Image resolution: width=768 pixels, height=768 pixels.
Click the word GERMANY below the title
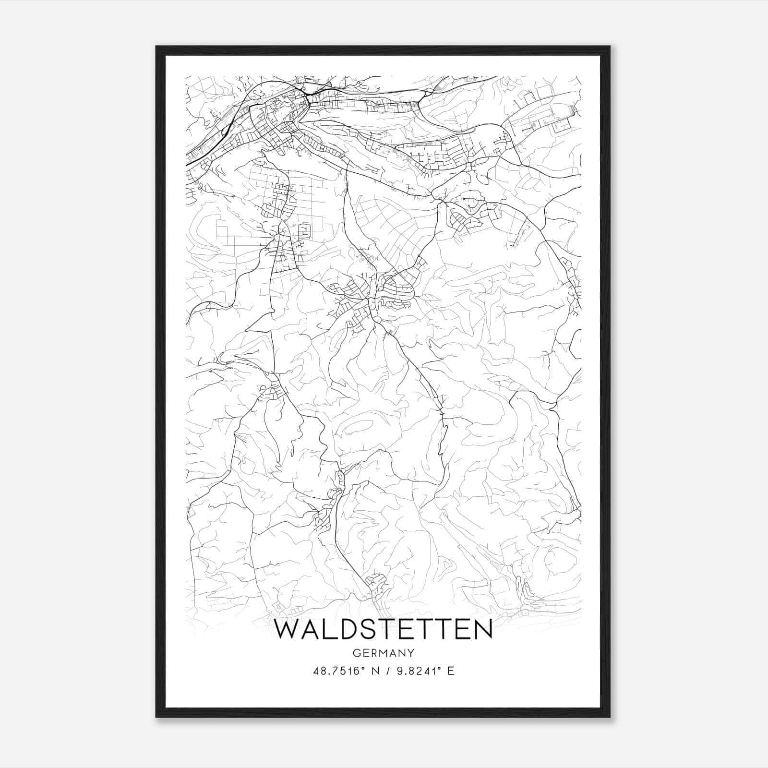pyautogui.click(x=384, y=653)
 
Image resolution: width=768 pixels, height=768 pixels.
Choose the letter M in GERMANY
pyautogui.click(x=384, y=653)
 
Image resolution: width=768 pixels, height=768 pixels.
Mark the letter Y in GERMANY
pyautogui.click(x=411, y=653)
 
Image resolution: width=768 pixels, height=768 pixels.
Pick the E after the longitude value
pyautogui.click(x=450, y=671)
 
